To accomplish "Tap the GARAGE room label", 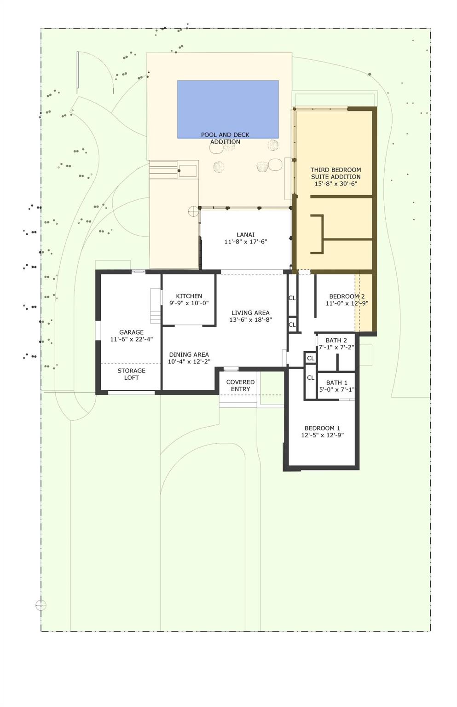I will click(131, 332).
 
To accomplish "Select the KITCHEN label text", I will click(189, 296).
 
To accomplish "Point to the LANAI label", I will click(245, 234).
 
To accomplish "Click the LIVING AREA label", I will click(250, 313).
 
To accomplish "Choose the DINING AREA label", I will click(189, 354).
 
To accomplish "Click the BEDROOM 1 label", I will click(322, 428).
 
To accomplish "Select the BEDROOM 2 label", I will click(347, 296).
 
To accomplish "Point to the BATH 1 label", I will click(337, 382).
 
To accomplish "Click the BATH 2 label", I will click(336, 340).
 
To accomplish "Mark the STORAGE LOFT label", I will click(131, 374).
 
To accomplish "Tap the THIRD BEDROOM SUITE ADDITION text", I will click(336, 173).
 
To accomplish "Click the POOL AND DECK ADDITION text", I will click(225, 138).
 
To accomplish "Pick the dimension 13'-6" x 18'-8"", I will click(250, 320).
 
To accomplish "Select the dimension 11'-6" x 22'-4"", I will click(131, 339).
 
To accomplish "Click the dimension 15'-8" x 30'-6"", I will click(336, 184).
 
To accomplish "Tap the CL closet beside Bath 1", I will click(311, 378).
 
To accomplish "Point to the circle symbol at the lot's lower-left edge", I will click(41, 605).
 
